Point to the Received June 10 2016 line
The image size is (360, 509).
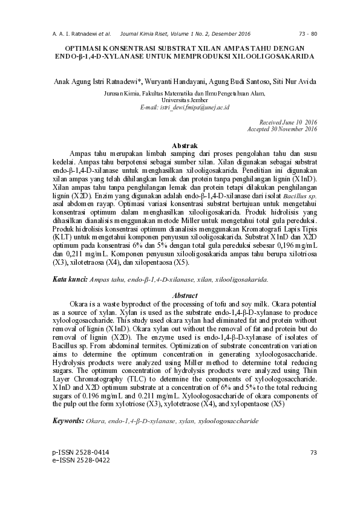tap(288, 122)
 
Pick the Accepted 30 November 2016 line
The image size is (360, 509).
tap(283, 129)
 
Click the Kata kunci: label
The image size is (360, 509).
tap(69, 280)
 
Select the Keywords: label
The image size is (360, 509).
tap(68, 420)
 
